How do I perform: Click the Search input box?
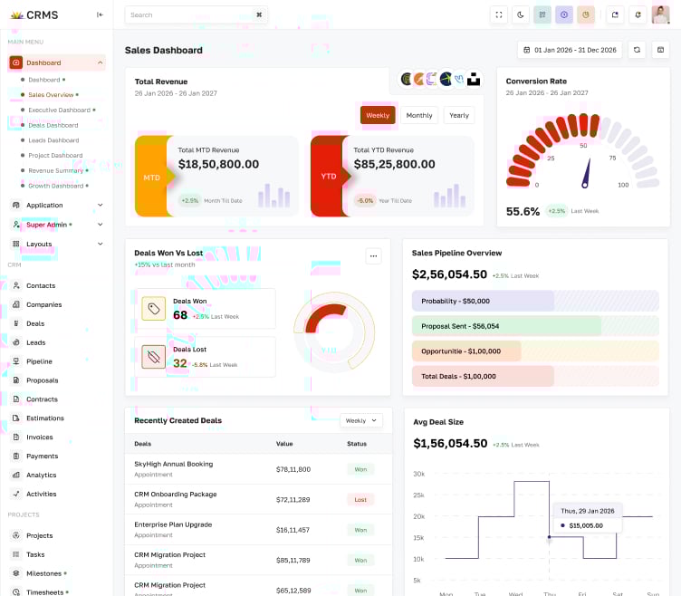click(x=190, y=14)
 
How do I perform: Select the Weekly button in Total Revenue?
click(x=378, y=115)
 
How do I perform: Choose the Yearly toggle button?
click(x=459, y=115)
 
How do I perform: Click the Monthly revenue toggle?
click(x=419, y=115)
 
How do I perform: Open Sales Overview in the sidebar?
click(x=51, y=94)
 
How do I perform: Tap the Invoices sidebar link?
click(x=40, y=437)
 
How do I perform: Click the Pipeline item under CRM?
click(x=39, y=361)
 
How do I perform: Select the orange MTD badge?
click(x=151, y=178)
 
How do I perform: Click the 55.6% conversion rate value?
click(x=523, y=211)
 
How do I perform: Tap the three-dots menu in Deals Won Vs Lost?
click(x=373, y=256)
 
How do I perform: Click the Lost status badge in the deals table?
click(x=360, y=499)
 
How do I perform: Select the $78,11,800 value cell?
click(x=293, y=469)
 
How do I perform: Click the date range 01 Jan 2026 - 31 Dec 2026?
click(x=569, y=50)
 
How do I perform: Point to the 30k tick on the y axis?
click(x=418, y=474)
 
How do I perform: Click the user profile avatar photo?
click(x=660, y=14)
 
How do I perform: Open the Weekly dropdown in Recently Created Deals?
click(x=360, y=420)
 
